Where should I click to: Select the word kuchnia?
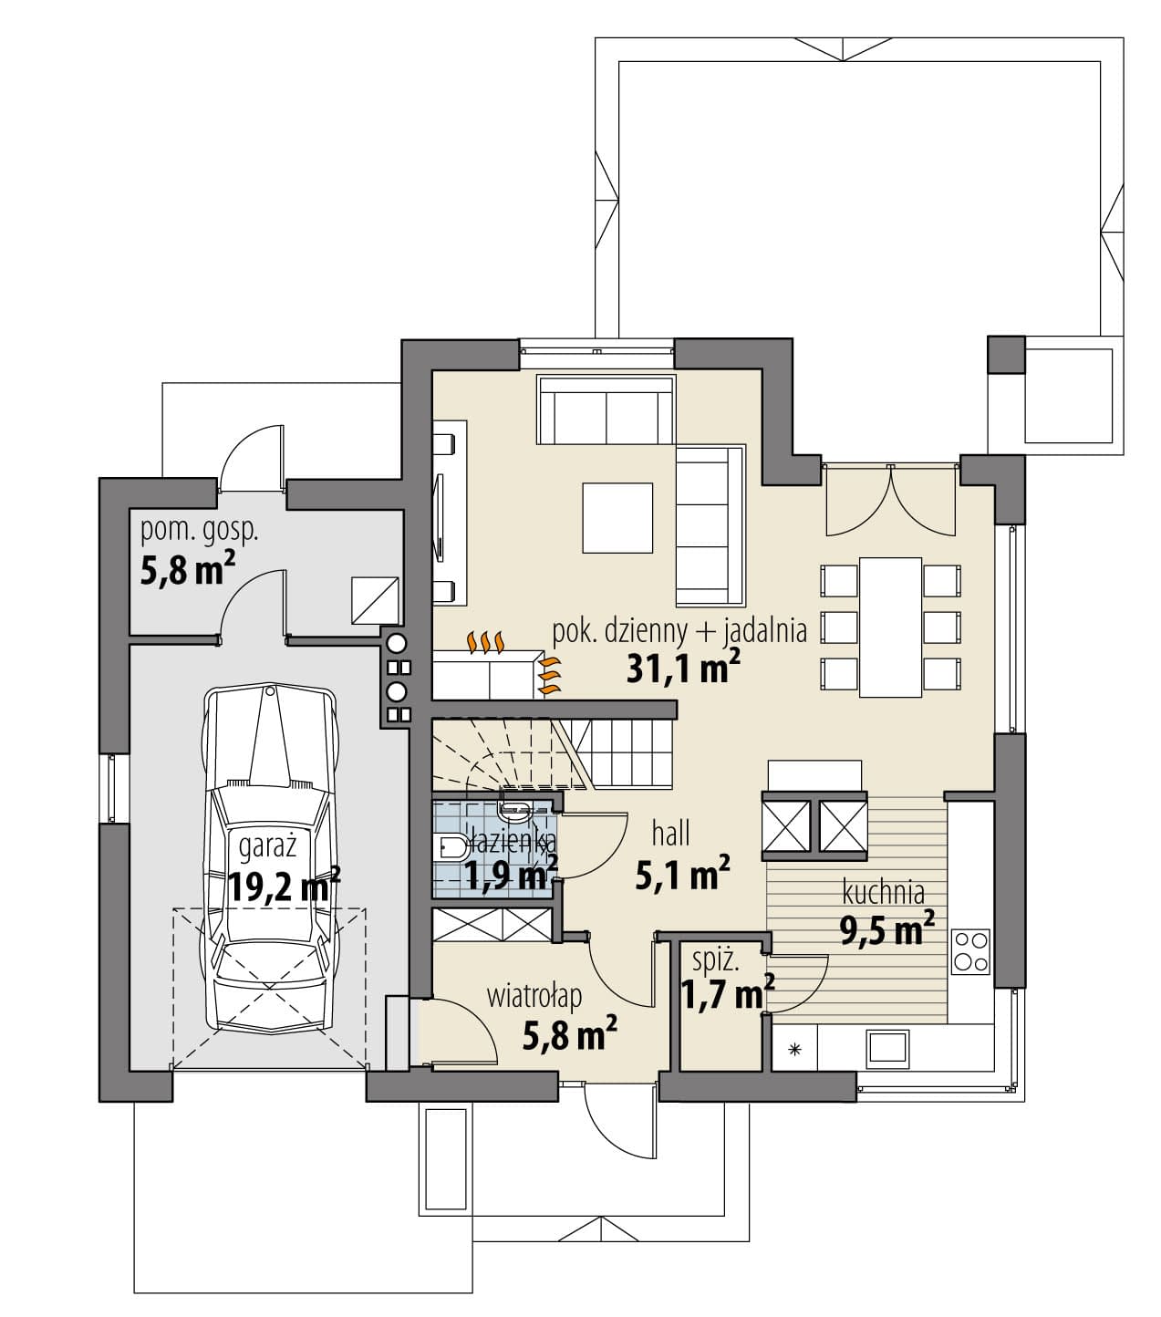coord(884,892)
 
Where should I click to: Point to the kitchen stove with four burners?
coord(970,951)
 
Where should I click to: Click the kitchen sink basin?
coord(886,1047)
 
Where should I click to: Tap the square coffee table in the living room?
coord(617,517)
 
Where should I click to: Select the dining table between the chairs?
coord(890,627)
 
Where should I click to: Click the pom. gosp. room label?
coord(200,531)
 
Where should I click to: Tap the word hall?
coord(671,834)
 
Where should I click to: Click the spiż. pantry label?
coord(716,960)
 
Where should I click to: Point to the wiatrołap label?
coord(534,997)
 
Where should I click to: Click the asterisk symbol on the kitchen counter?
coord(794,1049)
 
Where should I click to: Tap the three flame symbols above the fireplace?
coord(485,641)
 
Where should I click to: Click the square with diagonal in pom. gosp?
coord(375,600)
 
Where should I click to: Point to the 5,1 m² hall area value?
coord(682,872)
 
